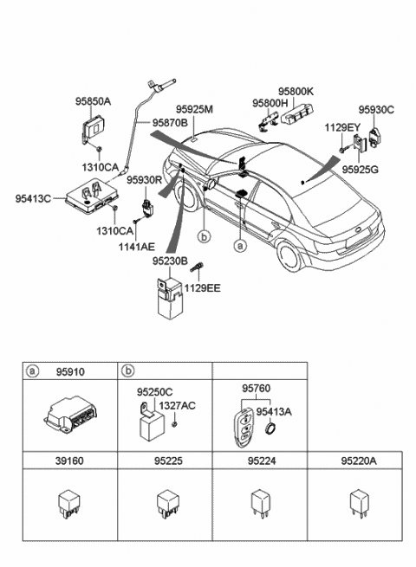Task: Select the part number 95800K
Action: (x=296, y=90)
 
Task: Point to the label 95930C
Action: (x=377, y=110)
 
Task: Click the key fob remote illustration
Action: (x=247, y=423)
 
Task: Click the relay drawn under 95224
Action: (x=258, y=501)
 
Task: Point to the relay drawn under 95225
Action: (x=162, y=501)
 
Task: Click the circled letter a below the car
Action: (x=240, y=245)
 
